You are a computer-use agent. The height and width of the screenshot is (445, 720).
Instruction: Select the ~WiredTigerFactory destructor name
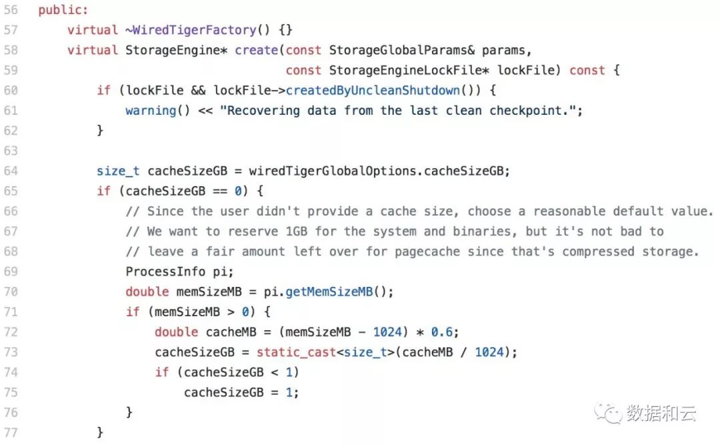(191, 30)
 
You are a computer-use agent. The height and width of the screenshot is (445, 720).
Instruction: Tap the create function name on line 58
(256, 50)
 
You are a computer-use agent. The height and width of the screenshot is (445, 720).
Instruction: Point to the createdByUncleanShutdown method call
(373, 91)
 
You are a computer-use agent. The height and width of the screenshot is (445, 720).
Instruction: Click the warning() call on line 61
(157, 111)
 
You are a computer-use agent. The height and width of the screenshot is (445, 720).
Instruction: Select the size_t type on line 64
(118, 171)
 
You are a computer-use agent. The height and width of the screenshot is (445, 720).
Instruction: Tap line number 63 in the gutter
(11, 151)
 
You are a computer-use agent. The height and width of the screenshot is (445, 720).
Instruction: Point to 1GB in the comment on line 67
(296, 232)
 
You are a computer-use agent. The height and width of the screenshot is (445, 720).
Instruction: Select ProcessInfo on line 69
(165, 272)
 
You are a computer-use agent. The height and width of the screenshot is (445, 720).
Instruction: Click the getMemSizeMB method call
(329, 292)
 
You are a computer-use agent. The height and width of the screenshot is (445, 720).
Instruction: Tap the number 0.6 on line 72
(441, 332)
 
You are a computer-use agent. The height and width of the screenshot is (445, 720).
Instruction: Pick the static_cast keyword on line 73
(296, 353)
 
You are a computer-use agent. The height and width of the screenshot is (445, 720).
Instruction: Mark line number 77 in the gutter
(11, 432)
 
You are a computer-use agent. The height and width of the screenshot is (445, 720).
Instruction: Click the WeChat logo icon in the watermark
(608, 413)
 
